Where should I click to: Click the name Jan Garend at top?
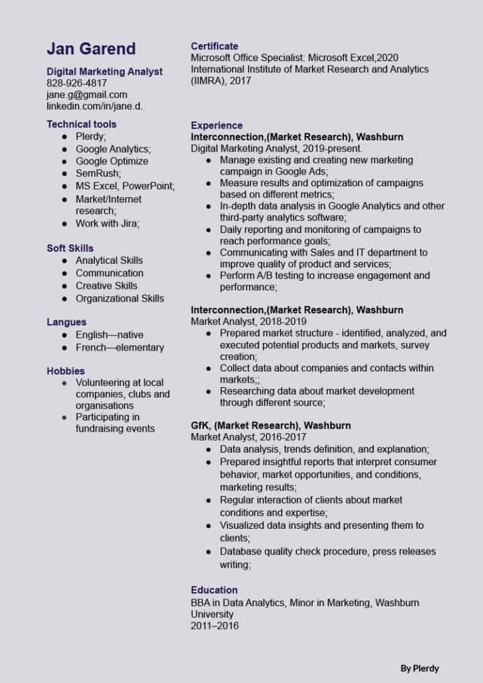(91, 49)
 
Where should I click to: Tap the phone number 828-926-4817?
(77, 83)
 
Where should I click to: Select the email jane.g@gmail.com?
(87, 94)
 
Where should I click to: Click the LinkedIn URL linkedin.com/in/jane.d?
(94, 106)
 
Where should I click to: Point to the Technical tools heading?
(81, 124)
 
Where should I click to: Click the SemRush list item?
(98, 173)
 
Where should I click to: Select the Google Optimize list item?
(112, 161)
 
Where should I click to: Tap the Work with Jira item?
(108, 223)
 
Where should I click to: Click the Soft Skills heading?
(70, 248)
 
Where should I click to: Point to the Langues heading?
(67, 322)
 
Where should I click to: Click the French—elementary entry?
(119, 347)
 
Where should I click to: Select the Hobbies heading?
(65, 371)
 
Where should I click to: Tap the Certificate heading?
(214, 46)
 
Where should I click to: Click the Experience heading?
(216, 125)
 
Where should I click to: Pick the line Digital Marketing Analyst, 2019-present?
(276, 149)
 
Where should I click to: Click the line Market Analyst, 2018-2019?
(243, 321)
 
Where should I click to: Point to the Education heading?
(214, 590)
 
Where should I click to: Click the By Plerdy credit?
(419, 668)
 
